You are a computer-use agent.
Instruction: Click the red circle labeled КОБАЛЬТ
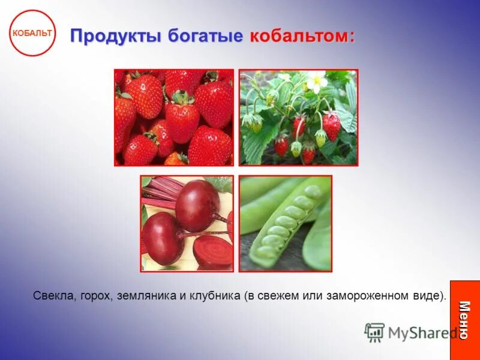click(x=32, y=33)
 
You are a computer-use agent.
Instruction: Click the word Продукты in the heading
click(x=115, y=35)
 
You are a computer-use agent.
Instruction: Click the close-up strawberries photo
click(x=174, y=118)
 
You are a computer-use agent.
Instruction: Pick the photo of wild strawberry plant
click(x=298, y=118)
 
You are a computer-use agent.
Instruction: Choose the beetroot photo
click(x=187, y=223)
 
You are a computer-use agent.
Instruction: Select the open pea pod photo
click(x=285, y=223)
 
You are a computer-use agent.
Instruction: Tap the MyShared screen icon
click(x=374, y=332)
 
